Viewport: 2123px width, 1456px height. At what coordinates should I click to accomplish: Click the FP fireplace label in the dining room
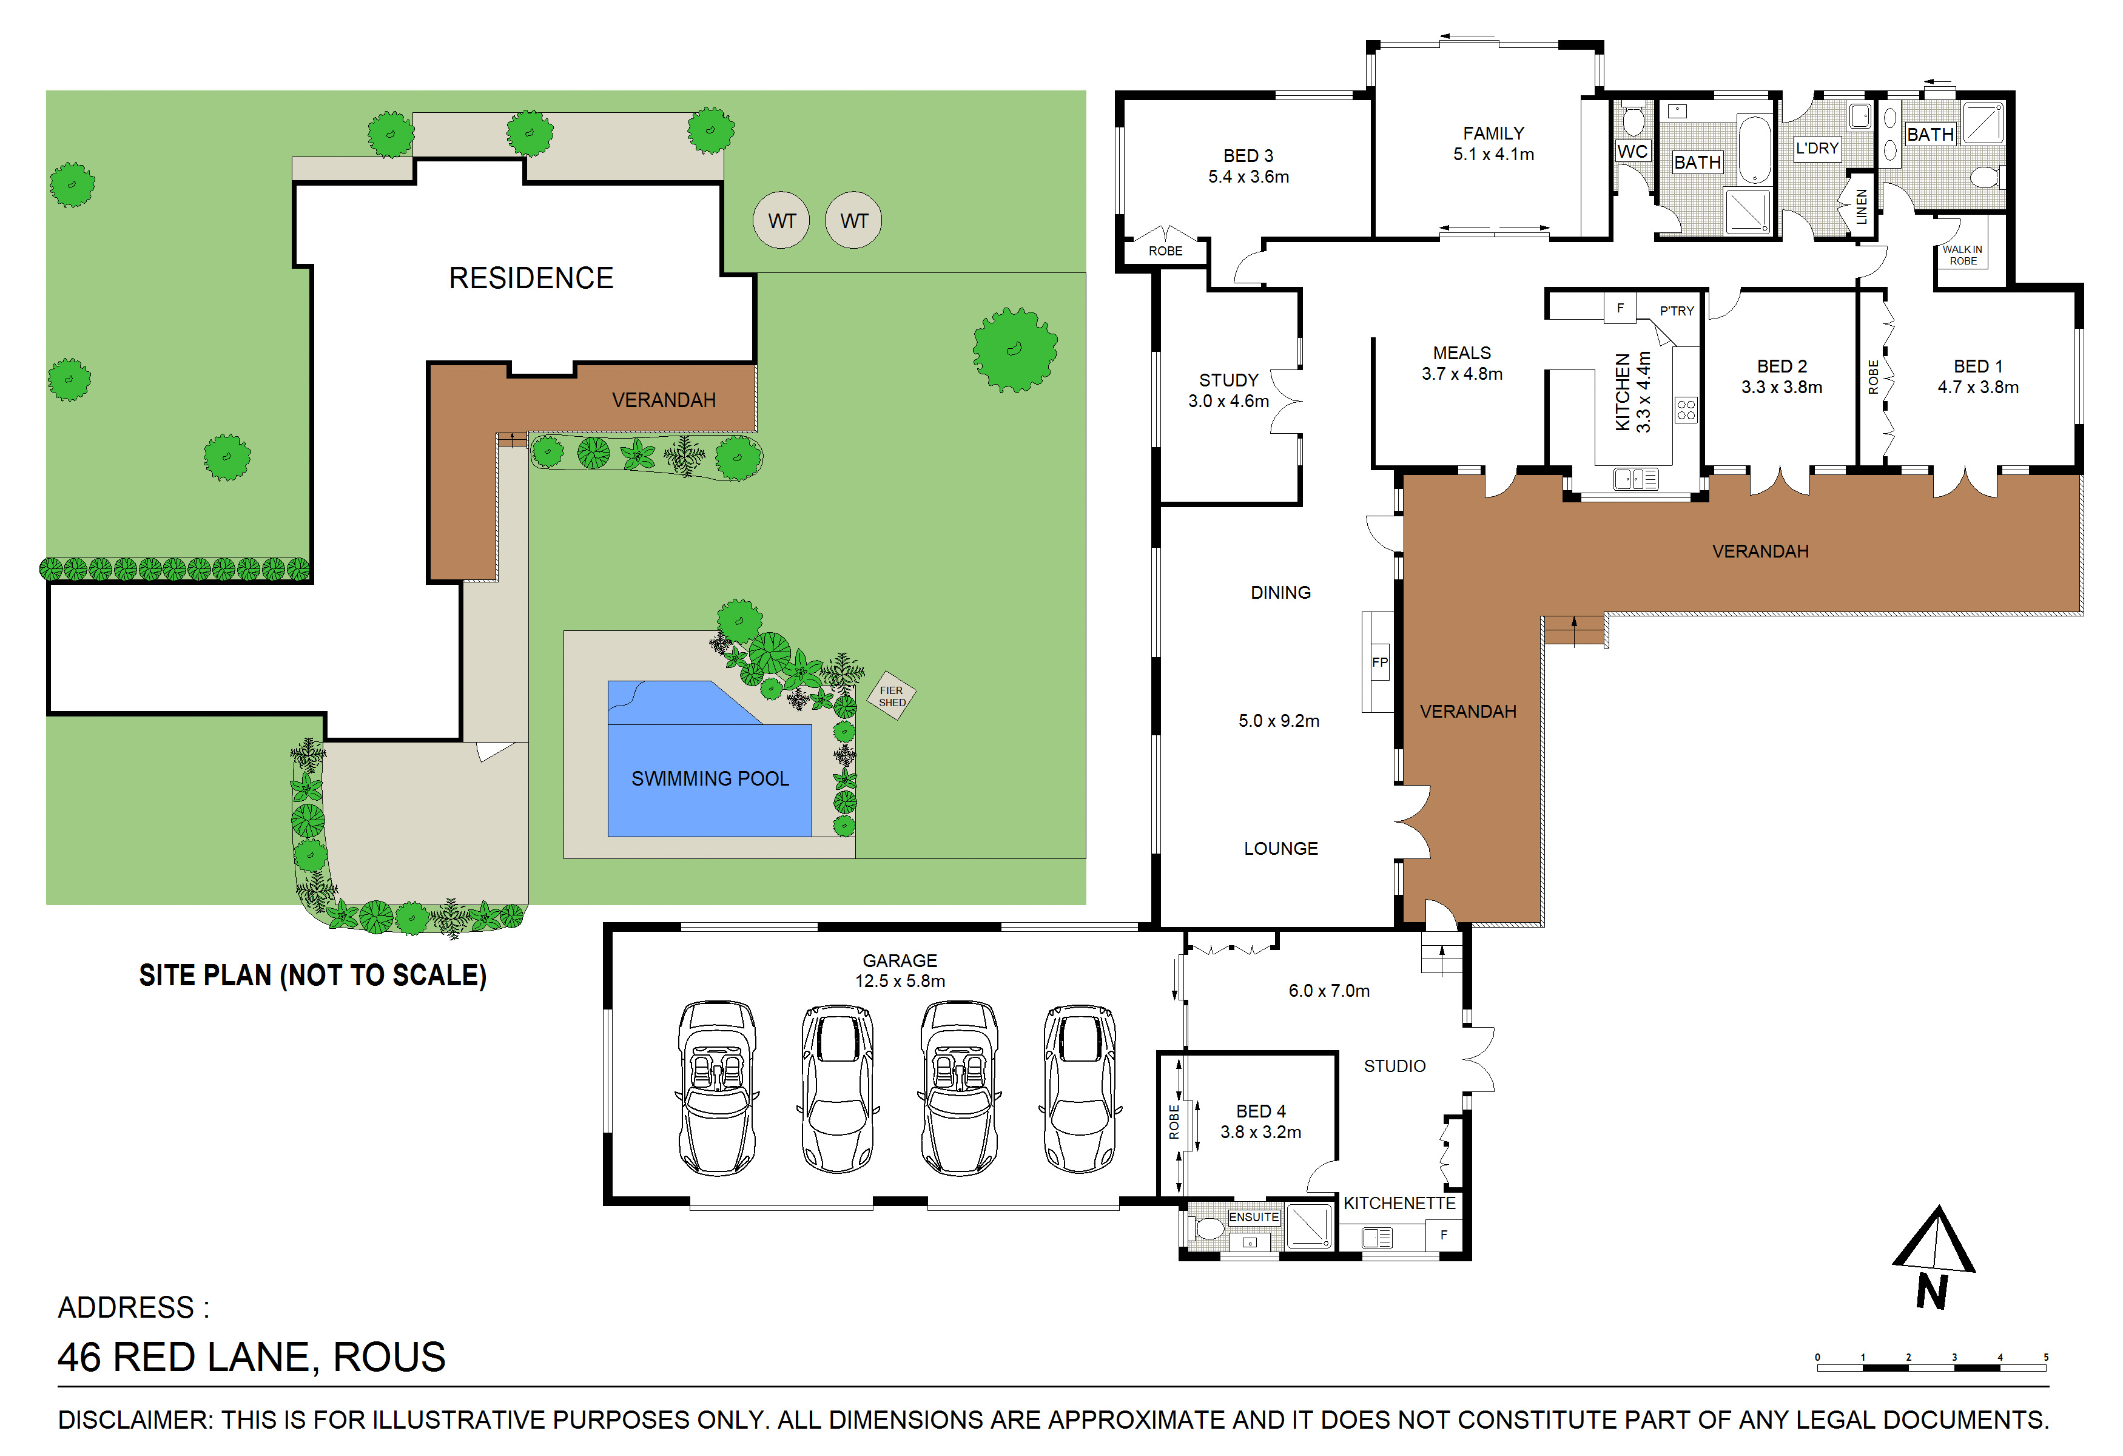click(1379, 662)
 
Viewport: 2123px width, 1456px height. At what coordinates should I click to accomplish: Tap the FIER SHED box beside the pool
click(892, 696)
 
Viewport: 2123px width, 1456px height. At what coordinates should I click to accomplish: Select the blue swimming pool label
click(710, 778)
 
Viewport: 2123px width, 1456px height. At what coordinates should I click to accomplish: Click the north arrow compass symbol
click(1934, 1256)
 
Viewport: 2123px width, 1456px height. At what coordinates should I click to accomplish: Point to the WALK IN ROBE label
click(1962, 255)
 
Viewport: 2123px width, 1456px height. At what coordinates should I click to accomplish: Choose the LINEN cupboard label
click(1862, 206)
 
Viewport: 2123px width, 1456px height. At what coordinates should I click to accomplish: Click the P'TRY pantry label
click(1677, 311)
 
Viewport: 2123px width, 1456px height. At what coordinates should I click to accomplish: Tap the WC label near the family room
click(1632, 152)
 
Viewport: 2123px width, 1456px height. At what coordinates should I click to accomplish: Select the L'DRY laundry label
click(1817, 148)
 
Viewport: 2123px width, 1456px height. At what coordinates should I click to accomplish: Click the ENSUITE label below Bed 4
click(1253, 1217)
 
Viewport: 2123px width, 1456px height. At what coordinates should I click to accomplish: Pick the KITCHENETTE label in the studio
click(1399, 1203)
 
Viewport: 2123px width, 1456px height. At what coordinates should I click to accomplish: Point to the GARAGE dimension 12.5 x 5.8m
click(900, 981)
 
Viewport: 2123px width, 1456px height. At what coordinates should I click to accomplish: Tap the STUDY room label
click(1229, 380)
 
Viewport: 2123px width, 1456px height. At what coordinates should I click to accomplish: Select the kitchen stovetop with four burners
click(1686, 409)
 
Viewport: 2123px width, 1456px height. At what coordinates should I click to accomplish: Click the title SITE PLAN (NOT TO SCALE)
click(312, 976)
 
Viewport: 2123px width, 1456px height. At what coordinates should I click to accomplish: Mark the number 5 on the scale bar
click(2046, 1357)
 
